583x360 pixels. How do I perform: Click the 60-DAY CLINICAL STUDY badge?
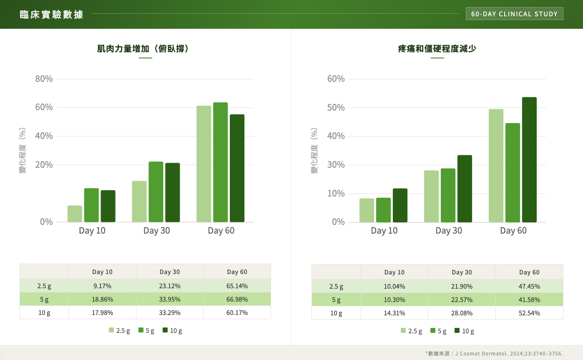[x=514, y=14]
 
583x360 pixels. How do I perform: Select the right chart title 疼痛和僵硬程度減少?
[x=437, y=49]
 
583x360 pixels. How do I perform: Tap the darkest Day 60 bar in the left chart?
[x=237, y=168]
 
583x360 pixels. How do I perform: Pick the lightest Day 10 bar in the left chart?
[x=75, y=214]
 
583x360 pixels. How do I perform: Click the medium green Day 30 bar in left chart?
[x=156, y=191]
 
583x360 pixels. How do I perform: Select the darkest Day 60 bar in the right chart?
[x=529, y=159]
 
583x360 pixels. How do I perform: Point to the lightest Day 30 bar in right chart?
[x=431, y=196]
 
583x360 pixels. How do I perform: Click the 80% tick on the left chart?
[x=44, y=79]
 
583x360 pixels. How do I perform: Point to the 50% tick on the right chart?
[x=336, y=108]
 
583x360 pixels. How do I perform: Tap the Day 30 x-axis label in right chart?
[x=449, y=231]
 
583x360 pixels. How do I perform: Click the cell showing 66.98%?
[x=237, y=300]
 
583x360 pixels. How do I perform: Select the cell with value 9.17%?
[x=102, y=286]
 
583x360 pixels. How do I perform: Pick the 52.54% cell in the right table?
[x=529, y=313]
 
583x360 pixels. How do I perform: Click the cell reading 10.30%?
[x=394, y=300]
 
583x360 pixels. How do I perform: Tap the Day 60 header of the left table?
[x=237, y=272]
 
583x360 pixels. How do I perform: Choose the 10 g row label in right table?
[x=336, y=313]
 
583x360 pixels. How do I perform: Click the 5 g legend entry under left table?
[x=146, y=331]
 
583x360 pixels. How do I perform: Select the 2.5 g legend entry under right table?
[x=411, y=331]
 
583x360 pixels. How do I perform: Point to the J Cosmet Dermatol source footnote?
[x=494, y=353]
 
